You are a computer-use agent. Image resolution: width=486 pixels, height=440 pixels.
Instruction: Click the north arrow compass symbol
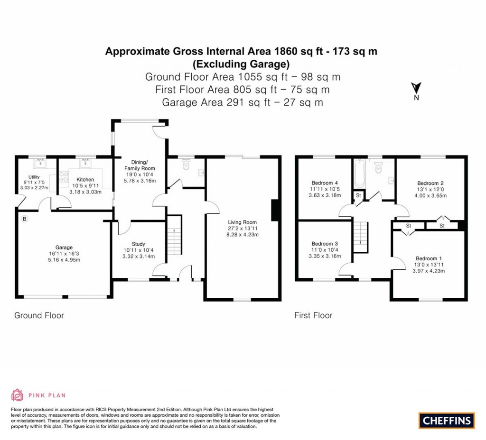416,89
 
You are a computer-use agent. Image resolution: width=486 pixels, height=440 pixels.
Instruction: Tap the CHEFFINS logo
447,420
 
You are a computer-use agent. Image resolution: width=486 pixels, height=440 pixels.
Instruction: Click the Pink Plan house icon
17,395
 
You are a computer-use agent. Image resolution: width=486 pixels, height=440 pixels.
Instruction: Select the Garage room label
64,247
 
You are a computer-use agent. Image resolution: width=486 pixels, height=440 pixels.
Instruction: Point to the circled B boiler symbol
25,219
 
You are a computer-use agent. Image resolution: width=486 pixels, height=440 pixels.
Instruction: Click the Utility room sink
37,165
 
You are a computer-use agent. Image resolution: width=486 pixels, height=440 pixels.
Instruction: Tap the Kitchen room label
85,180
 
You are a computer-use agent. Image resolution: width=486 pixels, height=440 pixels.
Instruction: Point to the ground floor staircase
175,235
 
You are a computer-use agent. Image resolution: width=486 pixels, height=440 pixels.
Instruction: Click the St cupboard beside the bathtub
358,195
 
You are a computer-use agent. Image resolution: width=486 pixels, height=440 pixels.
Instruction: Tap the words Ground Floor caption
39,315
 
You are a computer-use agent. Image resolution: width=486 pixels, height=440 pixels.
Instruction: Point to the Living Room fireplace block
275,210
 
